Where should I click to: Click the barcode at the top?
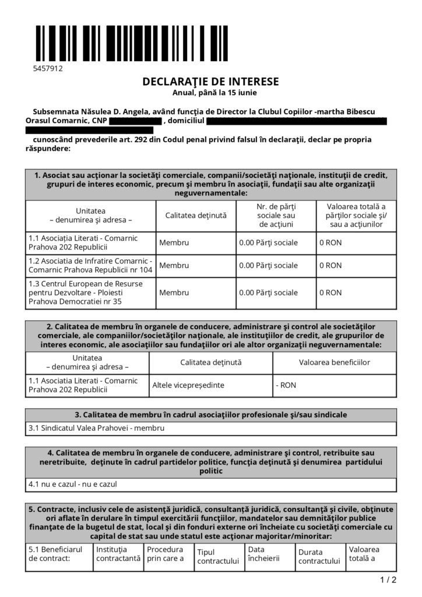pos(131,44)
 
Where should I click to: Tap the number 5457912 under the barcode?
pos(48,68)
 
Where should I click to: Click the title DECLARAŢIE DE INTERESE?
pos(210,82)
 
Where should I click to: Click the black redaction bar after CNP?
pos(135,121)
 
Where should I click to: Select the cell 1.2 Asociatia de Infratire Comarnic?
pos(90,265)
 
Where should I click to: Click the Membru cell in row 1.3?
pos(174,293)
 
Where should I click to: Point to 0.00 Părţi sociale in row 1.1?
pos(269,242)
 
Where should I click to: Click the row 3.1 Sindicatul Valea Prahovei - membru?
pos(97,428)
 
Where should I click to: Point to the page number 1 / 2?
pos(388,580)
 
